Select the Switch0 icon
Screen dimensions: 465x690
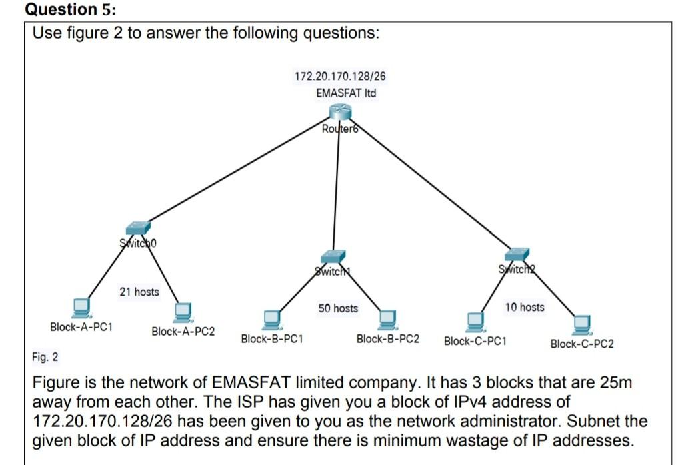pos(138,228)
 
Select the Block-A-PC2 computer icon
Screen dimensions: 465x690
pos(183,312)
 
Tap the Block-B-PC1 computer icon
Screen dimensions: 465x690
pos(271,319)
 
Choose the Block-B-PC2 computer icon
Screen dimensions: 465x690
pos(387,319)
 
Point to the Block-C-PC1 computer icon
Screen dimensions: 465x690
pos(475,321)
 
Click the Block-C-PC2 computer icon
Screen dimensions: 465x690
pos(582,323)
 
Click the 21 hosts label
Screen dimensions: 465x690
pos(139,292)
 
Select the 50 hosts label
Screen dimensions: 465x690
pos(337,308)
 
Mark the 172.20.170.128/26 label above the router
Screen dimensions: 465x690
pos(340,76)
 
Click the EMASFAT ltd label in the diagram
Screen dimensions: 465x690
pos(346,93)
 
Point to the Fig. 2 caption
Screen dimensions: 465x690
pos(45,357)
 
